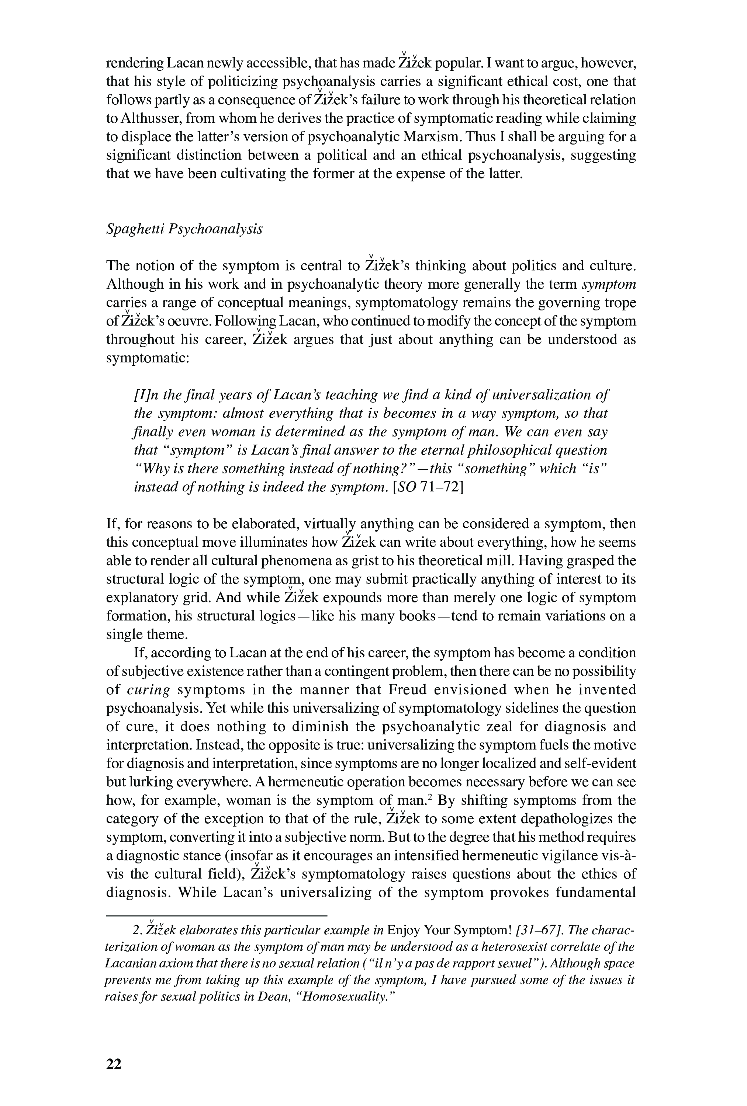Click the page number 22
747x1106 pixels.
(x=114, y=1064)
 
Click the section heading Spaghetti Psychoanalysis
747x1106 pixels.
(x=184, y=229)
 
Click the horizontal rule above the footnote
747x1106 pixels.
(x=217, y=915)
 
